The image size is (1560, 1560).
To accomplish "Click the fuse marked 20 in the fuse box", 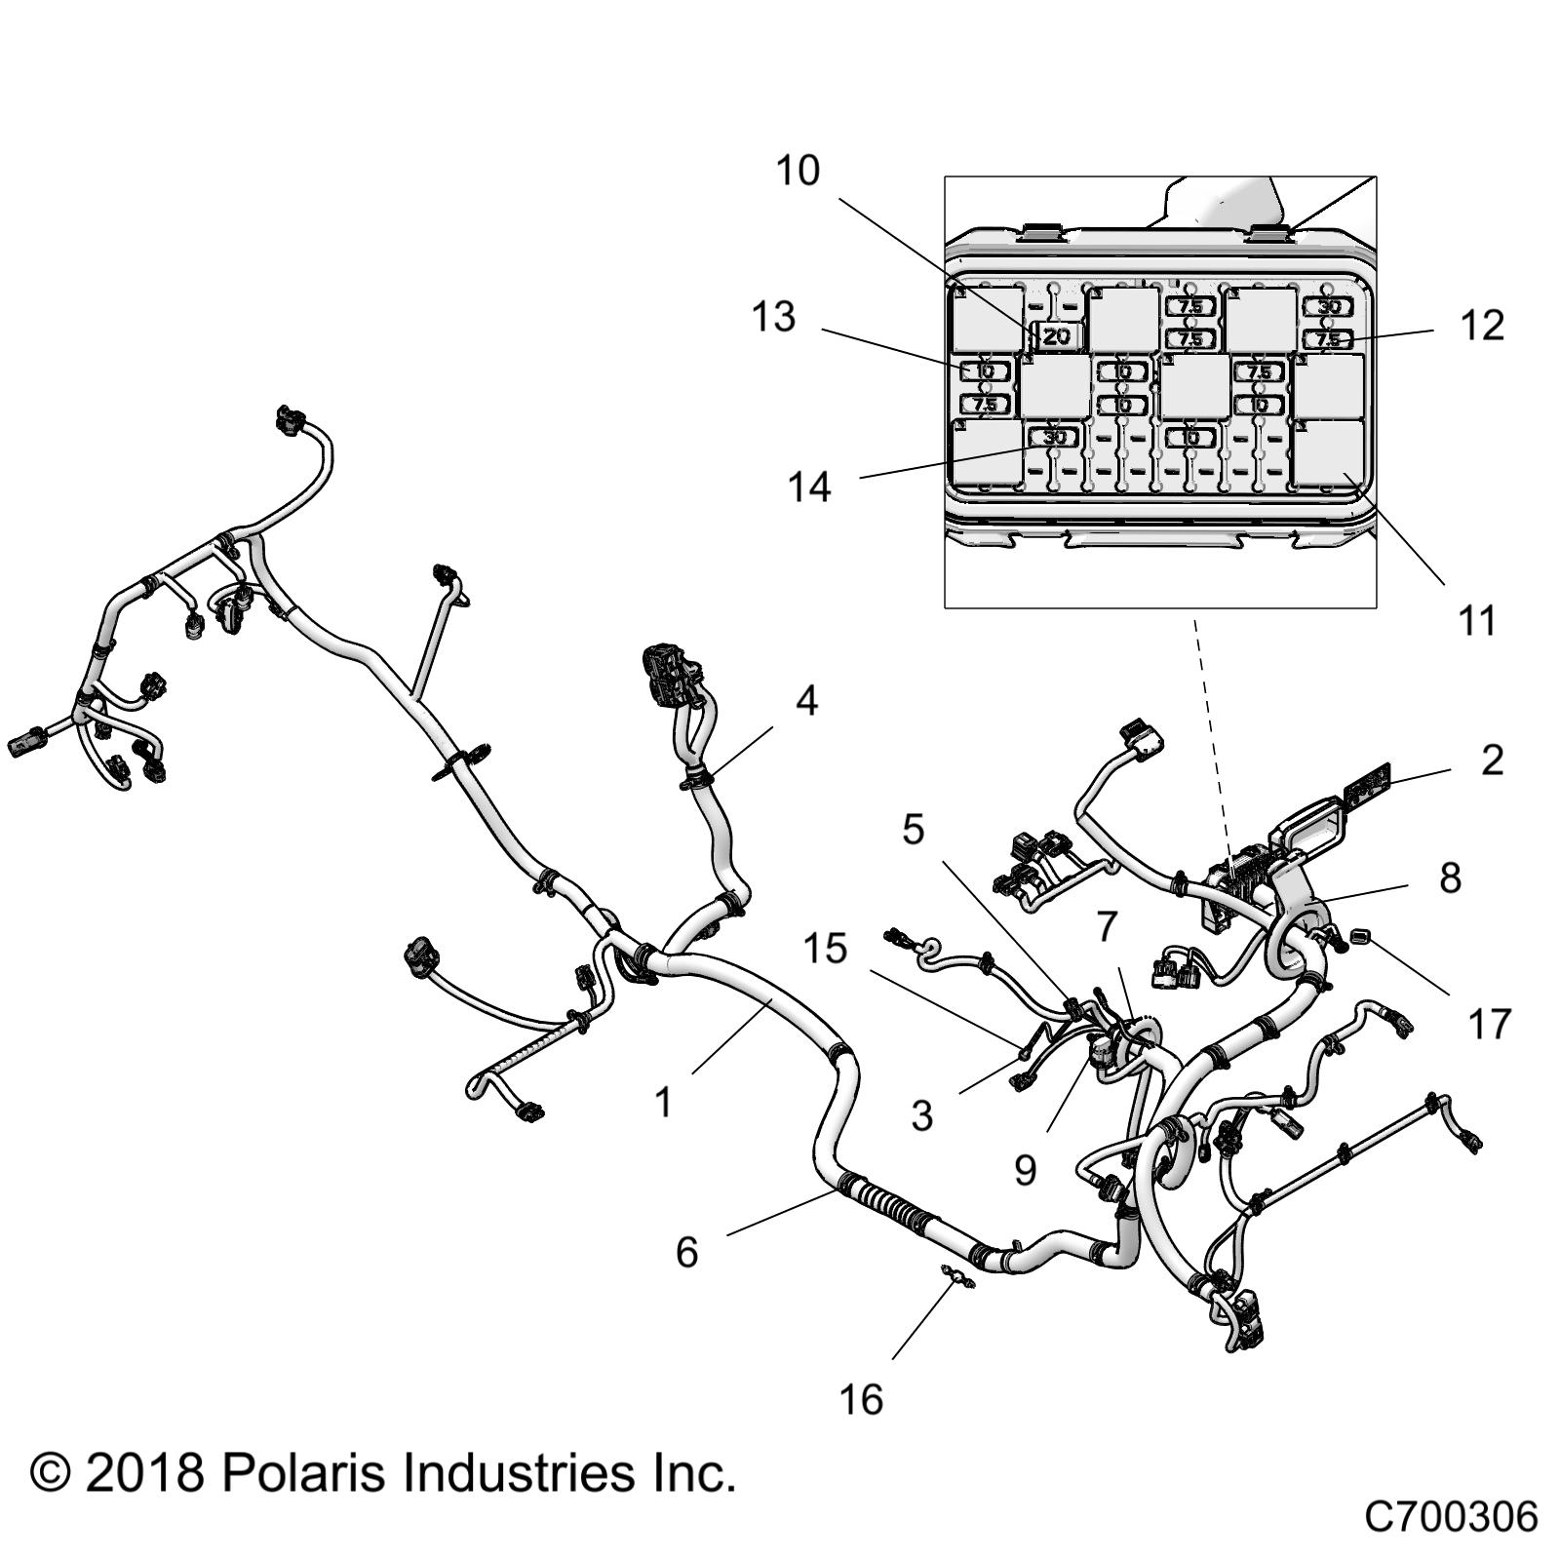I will coord(1056,336).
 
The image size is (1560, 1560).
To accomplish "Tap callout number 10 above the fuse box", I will coord(798,172).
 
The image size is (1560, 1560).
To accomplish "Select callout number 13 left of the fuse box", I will coord(773,317).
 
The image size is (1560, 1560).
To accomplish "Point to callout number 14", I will coord(809,487).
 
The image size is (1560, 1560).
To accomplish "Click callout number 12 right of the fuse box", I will coord(1482,326).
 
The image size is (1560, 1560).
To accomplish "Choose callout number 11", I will coord(1476,619).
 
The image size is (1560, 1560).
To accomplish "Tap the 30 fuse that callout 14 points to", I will coord(1054,438).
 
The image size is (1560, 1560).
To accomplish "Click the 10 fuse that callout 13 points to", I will coord(985,371).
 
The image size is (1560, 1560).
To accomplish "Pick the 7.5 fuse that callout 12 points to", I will coord(1328,339).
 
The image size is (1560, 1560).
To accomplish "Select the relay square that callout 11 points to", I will coord(1328,453).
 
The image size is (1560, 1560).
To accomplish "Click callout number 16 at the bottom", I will coord(861,1400).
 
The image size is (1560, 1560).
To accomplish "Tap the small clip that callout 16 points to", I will coord(957,1275).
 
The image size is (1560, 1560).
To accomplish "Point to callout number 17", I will coord(1489,1024).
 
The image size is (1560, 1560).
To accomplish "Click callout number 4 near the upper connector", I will coord(806,701).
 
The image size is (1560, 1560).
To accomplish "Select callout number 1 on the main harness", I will coord(664,1103).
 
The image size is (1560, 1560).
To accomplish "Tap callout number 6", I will coord(687,1252).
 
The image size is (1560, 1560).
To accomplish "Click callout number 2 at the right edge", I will coord(1492,760).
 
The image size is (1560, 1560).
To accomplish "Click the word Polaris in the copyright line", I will coord(302,1473).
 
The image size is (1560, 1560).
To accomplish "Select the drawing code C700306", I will coord(1450,1517).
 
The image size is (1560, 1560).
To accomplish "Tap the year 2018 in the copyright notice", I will coord(144,1473).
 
